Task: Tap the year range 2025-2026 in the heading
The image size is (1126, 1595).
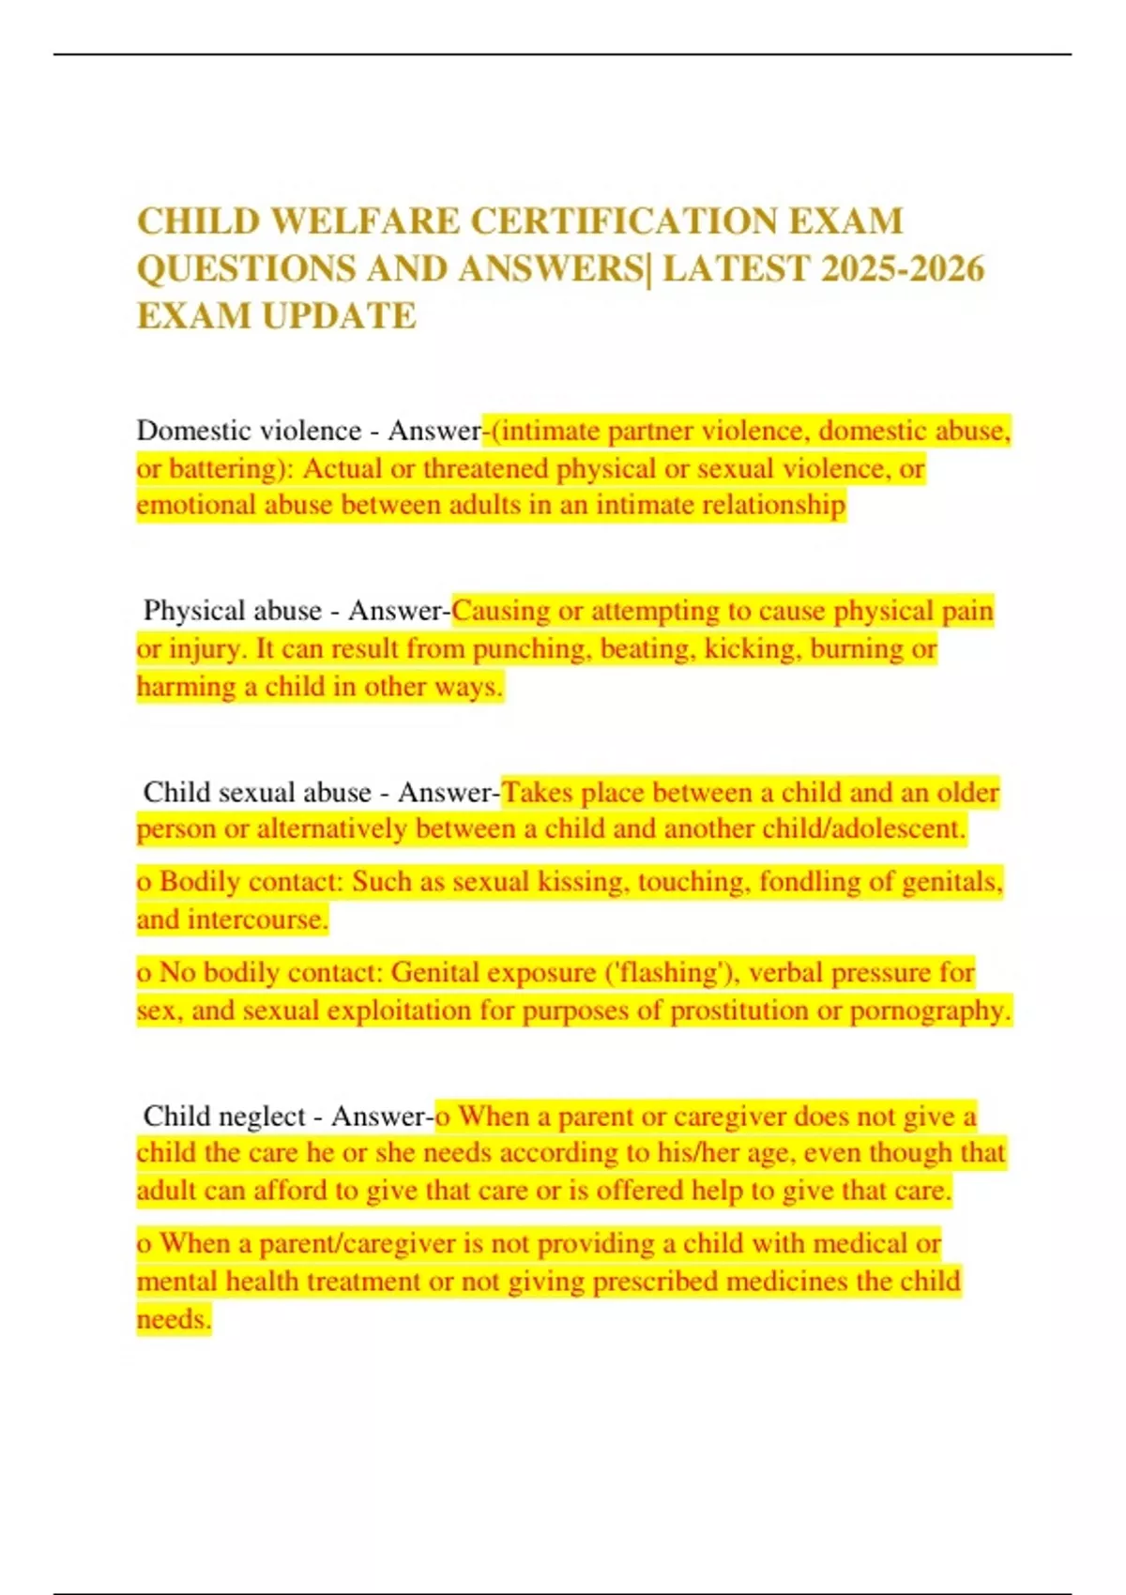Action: (x=902, y=268)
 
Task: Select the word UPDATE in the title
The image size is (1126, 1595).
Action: (x=339, y=316)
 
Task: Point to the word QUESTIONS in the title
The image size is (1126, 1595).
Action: (x=246, y=268)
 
